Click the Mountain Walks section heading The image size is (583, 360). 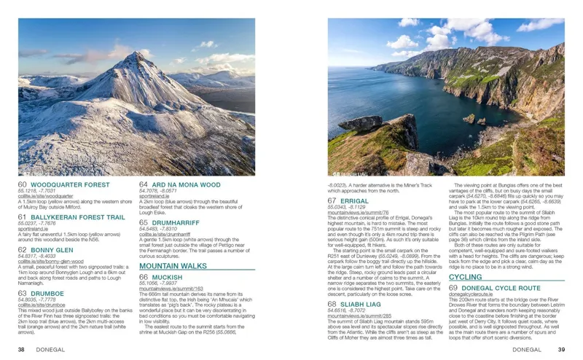(x=173, y=267)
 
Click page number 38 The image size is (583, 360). (x=22, y=349)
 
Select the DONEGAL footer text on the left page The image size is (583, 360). (x=50, y=349)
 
